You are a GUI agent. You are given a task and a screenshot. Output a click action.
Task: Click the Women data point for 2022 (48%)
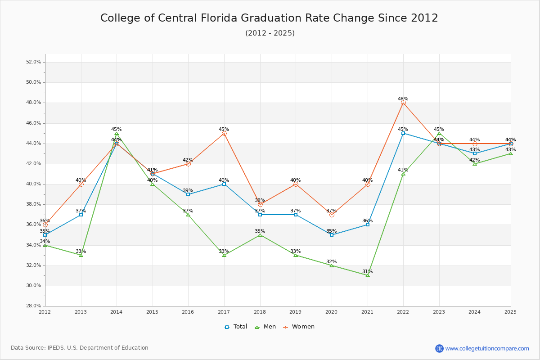403,103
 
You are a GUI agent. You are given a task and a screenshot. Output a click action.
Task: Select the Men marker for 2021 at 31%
368,275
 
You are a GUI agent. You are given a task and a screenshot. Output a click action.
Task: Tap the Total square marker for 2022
403,133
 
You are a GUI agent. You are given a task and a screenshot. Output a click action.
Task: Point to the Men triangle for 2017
224,255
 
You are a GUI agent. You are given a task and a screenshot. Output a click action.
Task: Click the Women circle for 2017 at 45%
224,133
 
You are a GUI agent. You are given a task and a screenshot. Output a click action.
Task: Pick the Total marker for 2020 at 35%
332,235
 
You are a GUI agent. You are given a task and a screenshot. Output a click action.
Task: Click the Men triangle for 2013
81,255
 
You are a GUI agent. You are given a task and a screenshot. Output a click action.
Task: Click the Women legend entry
299,327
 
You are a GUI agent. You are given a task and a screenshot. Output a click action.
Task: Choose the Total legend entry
236,327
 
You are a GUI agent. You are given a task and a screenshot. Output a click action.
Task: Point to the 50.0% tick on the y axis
35,82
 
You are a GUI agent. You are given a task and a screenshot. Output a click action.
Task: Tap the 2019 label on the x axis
296,312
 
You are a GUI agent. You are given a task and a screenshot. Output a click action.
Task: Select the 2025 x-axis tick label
510,312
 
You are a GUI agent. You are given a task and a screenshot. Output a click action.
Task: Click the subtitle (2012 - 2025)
270,33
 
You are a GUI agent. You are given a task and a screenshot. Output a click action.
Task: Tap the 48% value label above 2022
403,99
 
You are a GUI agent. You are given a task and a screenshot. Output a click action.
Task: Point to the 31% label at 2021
368,271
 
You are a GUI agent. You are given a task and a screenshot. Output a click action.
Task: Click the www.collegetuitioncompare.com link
487,348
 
